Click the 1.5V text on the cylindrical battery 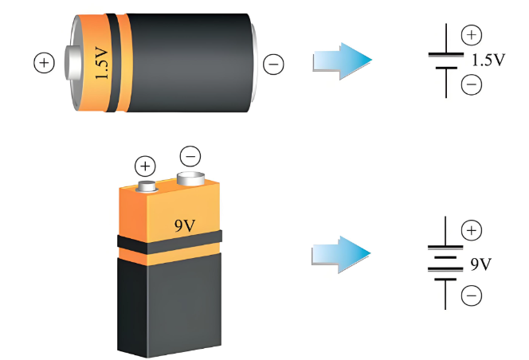[102, 63]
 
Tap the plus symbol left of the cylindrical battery [44, 63]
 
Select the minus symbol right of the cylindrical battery [273, 64]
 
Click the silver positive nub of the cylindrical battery [72, 63]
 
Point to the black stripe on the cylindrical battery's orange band [113, 63]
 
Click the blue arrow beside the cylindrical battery [342, 61]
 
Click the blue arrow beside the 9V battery [341, 254]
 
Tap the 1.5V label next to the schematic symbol [488, 60]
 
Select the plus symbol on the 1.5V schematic [472, 35]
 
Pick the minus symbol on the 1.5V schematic [472, 84]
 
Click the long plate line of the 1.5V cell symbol [446, 54]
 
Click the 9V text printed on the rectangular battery [185, 225]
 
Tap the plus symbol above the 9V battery [145, 166]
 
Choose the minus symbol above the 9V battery [190, 156]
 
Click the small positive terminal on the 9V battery [147, 186]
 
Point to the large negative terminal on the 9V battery [191, 178]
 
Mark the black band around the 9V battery [170, 243]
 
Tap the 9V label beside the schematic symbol [481, 264]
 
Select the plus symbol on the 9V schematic [472, 230]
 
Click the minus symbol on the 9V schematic [472, 295]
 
